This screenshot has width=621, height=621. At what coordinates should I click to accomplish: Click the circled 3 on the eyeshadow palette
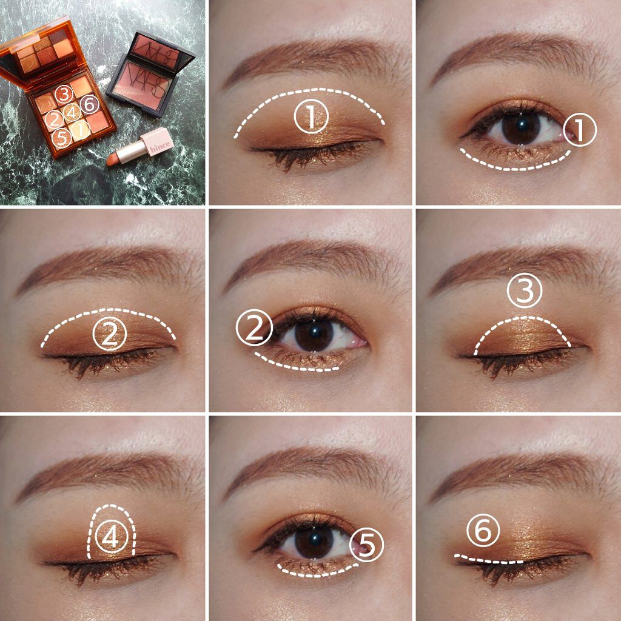[64, 95]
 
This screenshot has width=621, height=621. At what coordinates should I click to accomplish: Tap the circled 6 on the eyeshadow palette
[90, 104]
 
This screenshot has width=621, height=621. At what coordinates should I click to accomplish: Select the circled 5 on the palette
[61, 138]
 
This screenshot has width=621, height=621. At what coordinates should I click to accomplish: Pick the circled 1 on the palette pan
[81, 130]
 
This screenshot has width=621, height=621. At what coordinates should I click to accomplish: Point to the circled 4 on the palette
[73, 112]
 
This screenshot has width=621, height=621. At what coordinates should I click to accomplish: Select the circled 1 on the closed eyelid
[311, 116]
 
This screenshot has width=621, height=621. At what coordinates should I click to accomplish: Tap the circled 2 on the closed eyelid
[110, 334]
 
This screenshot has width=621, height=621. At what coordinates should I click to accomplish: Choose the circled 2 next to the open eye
[254, 327]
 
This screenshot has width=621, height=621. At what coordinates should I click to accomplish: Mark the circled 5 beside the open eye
[367, 545]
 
